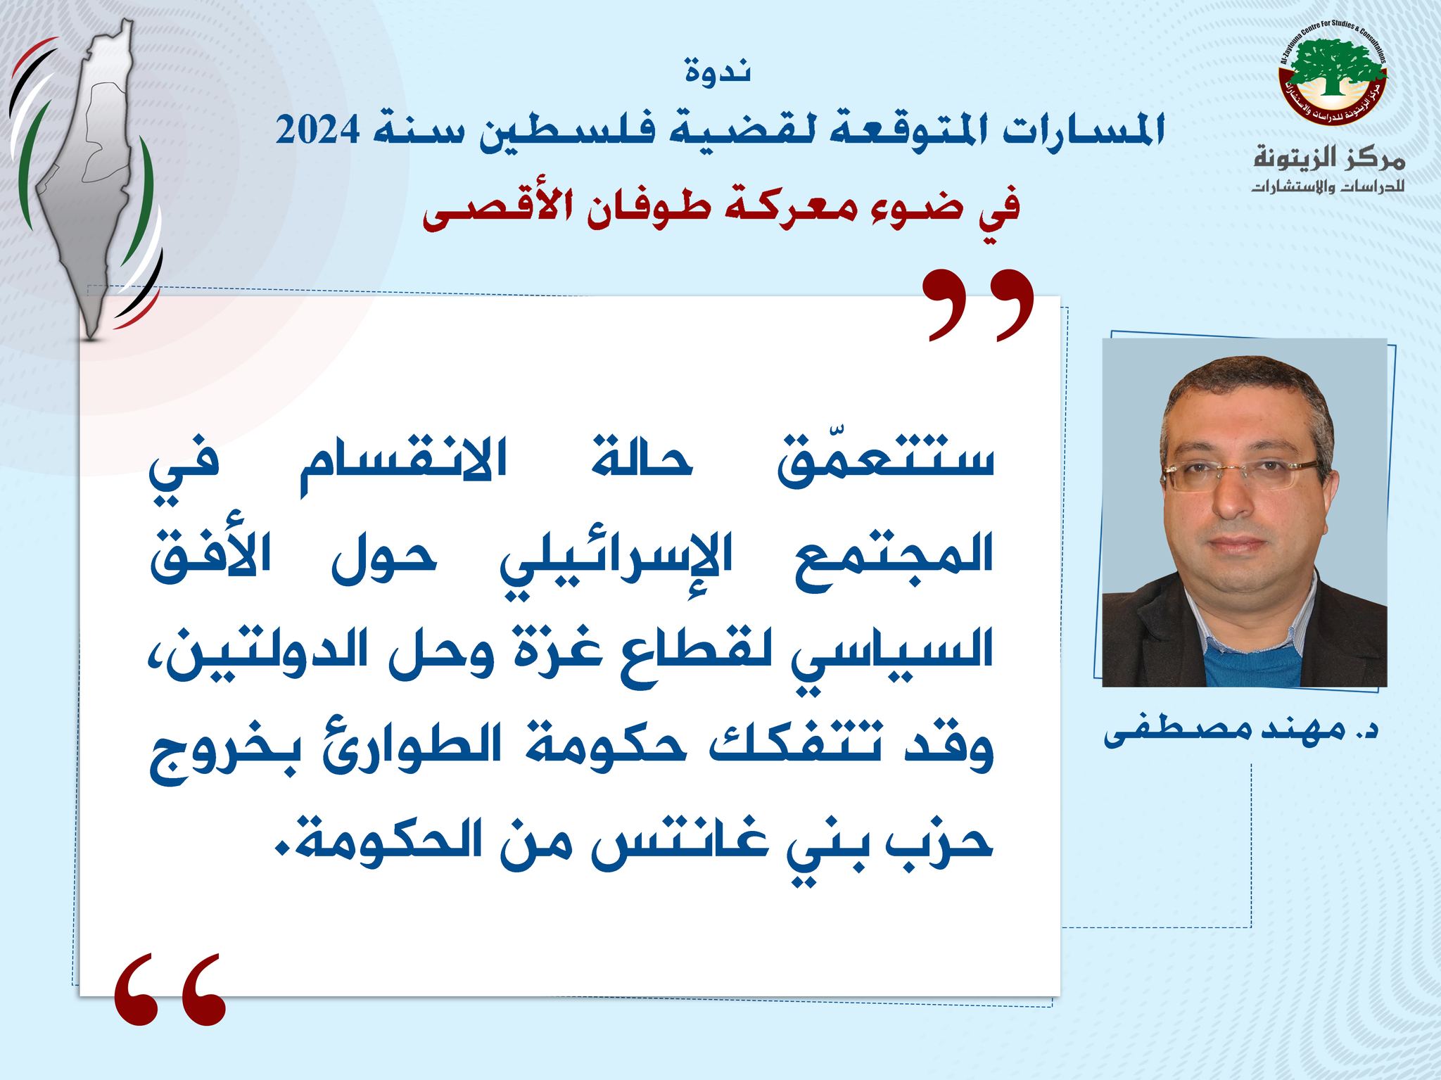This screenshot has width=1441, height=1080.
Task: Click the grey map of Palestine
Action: pos(95,176)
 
